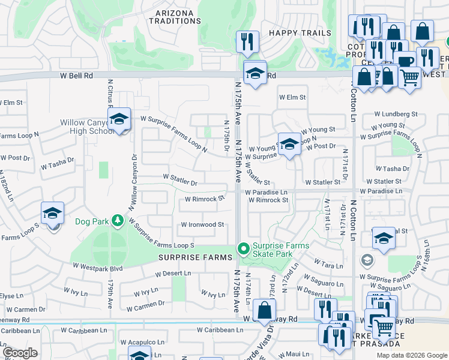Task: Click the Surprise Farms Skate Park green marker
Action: click(243, 248)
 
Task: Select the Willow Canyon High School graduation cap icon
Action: click(119, 119)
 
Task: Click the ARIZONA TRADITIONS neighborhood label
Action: click(174, 17)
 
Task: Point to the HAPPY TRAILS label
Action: click(300, 33)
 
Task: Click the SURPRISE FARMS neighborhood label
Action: click(195, 257)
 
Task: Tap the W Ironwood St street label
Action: click(202, 225)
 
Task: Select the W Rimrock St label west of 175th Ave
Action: click(205, 198)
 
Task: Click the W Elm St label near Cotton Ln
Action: click(292, 97)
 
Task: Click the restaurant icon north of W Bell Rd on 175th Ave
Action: click(247, 41)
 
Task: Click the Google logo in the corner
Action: click(20, 353)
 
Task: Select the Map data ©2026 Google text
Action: click(412, 355)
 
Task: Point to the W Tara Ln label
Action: click(328, 265)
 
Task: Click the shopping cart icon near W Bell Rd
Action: click(409, 76)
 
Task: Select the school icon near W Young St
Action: click(289, 144)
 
